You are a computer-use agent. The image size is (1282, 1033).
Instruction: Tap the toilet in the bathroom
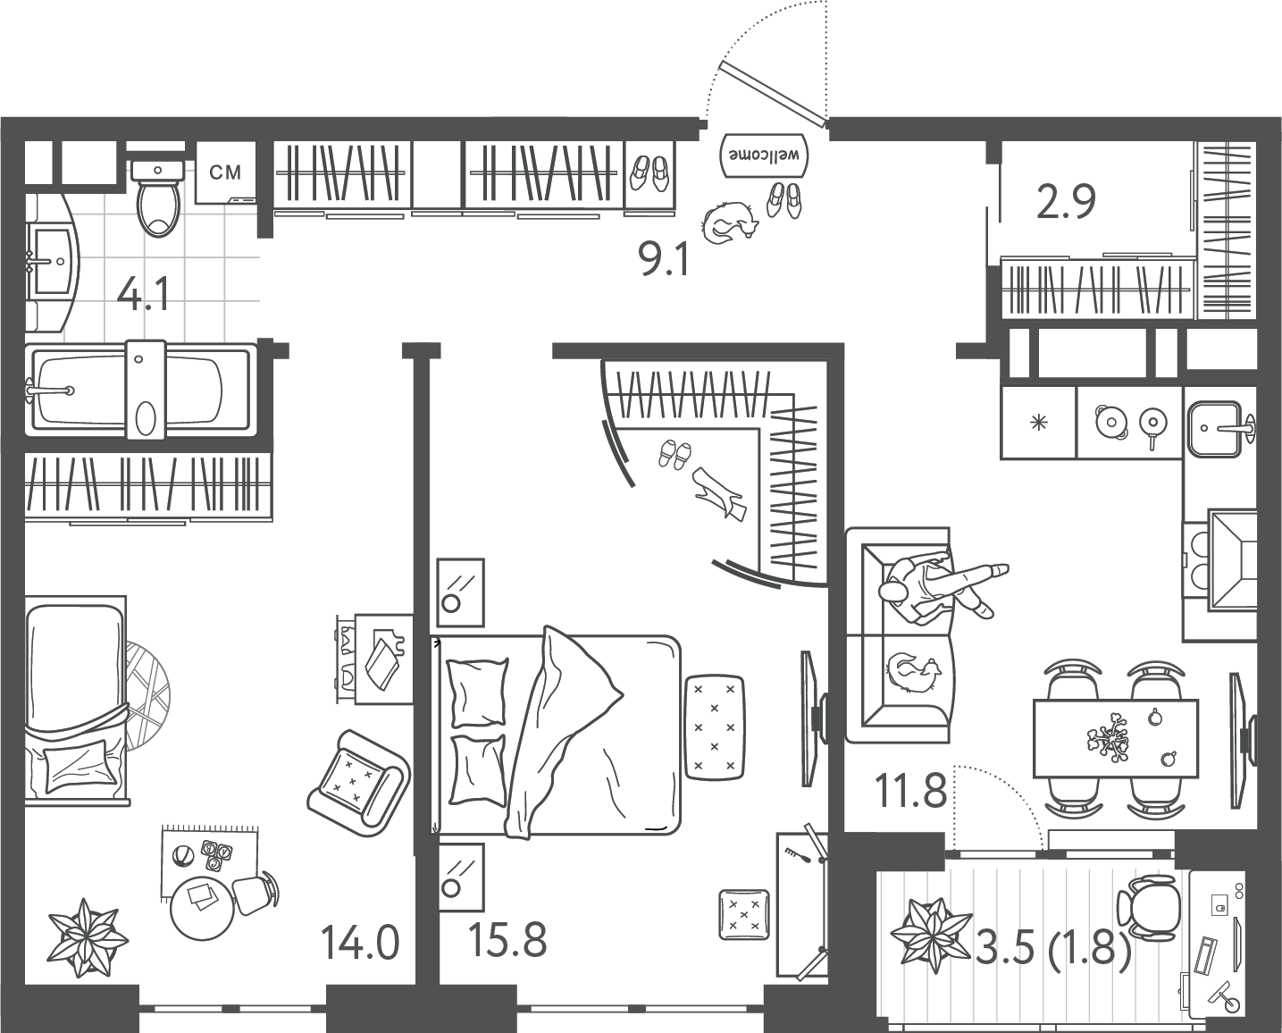pyautogui.click(x=157, y=197)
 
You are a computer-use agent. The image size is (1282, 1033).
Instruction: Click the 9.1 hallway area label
pyautogui.click(x=664, y=261)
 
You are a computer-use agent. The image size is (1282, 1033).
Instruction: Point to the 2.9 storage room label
pyautogui.click(x=1067, y=203)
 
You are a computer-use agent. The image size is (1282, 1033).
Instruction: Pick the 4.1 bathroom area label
pyautogui.click(x=143, y=297)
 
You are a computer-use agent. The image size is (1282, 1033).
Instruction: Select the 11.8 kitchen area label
pyautogui.click(x=910, y=790)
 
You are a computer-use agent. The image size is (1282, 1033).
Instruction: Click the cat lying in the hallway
pyautogui.click(x=729, y=223)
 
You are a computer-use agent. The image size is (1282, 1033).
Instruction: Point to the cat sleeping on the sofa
pyautogui.click(x=911, y=672)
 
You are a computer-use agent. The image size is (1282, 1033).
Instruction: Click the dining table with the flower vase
pyautogui.click(x=1115, y=738)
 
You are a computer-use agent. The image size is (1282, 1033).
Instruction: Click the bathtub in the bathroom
pyautogui.click(x=141, y=391)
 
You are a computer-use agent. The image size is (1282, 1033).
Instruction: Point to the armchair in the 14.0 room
pyautogui.click(x=359, y=778)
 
